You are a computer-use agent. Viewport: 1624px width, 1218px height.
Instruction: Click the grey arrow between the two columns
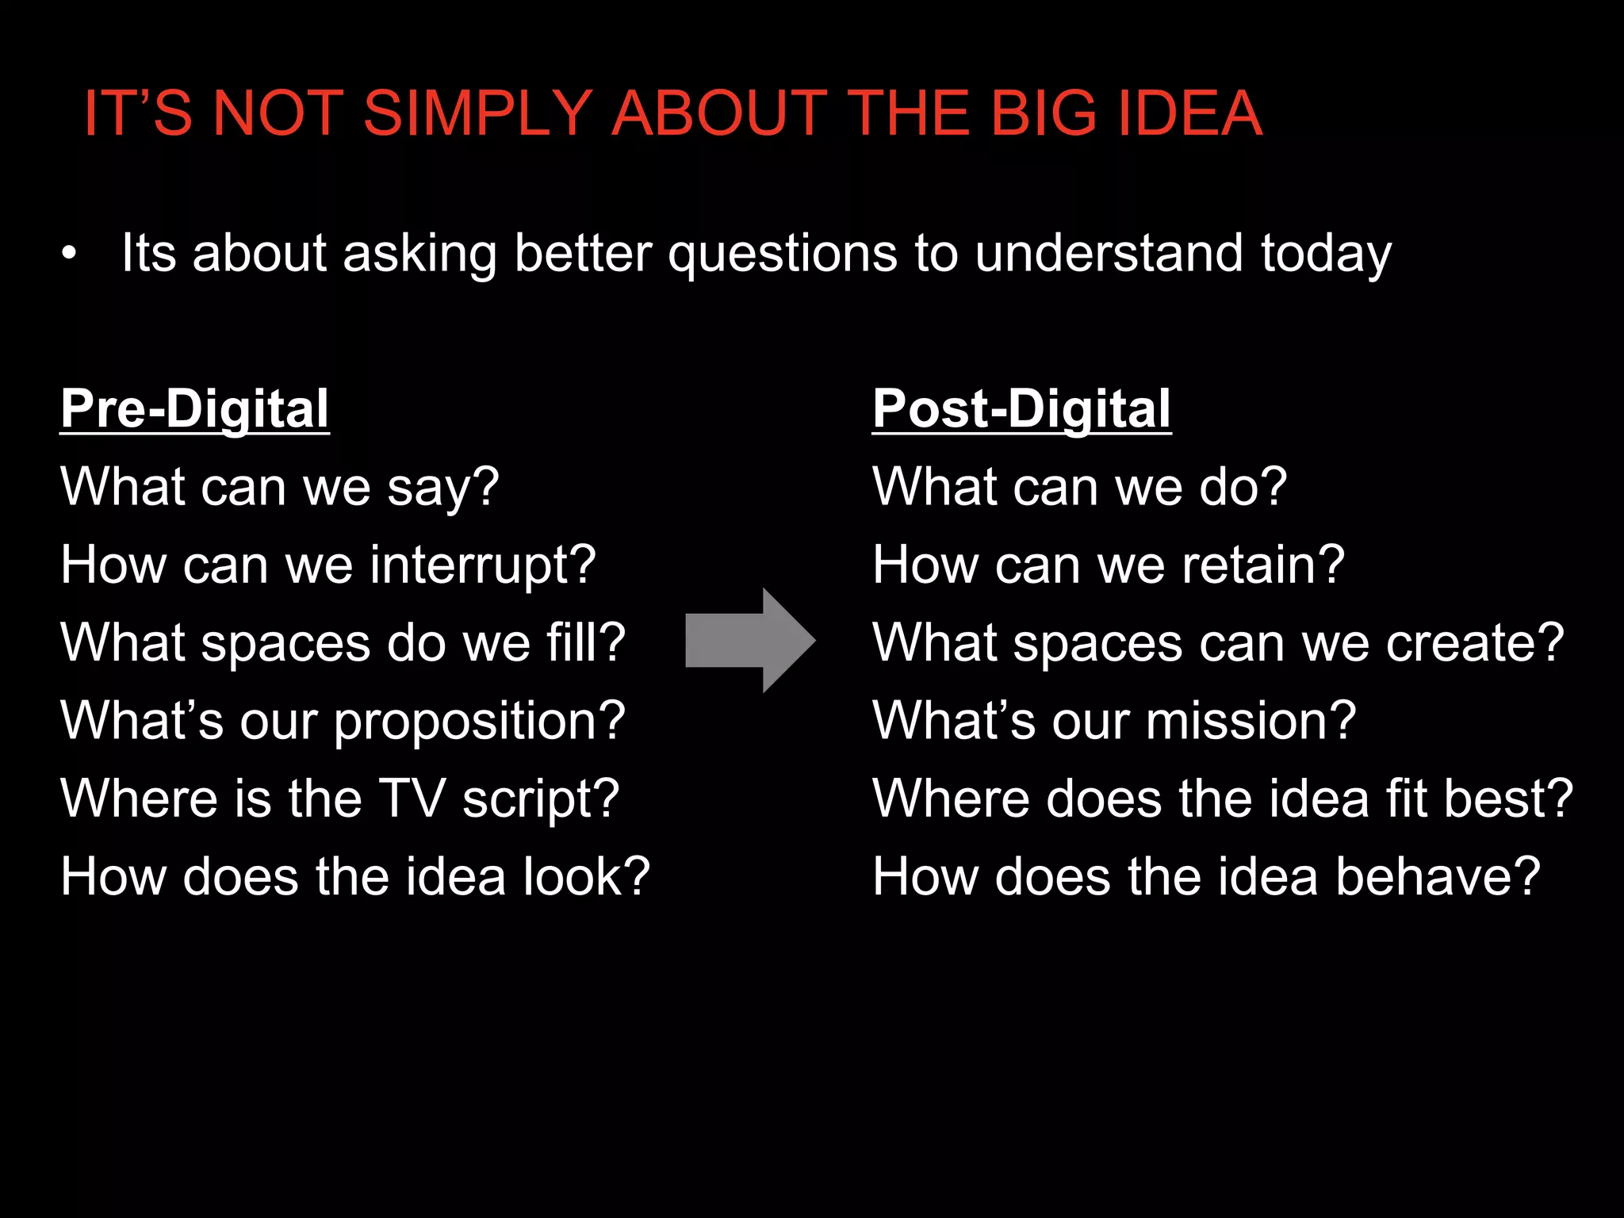(x=749, y=641)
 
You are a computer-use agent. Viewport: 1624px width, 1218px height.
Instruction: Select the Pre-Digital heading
(x=194, y=409)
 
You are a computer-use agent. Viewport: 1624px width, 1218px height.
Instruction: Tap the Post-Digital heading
(x=1021, y=409)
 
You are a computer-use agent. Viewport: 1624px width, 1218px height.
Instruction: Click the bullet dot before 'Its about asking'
(x=70, y=255)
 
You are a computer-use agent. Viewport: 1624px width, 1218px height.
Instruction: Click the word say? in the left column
(x=443, y=488)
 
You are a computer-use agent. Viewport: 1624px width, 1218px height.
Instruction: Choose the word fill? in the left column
(x=586, y=642)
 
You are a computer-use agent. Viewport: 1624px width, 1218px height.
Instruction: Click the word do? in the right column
(x=1243, y=486)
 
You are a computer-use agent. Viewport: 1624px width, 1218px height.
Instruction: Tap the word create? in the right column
(x=1475, y=642)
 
